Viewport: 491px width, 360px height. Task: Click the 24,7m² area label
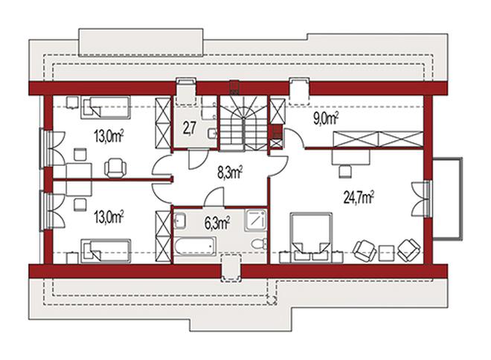359,198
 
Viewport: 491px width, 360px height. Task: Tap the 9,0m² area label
326,118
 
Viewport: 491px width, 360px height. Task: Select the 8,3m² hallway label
230,173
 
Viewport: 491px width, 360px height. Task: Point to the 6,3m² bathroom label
217,223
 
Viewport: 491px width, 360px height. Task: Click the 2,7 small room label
190,129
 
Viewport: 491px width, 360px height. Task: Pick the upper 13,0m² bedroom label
109,136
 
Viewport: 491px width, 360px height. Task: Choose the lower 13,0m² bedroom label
109,217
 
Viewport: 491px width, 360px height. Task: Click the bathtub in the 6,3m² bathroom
195,246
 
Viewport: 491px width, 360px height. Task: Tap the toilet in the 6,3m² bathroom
259,243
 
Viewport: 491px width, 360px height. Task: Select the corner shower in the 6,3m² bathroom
256,220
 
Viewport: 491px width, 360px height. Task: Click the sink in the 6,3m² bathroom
179,220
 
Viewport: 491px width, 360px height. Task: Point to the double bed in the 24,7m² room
311,237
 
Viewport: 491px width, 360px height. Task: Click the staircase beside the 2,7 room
243,123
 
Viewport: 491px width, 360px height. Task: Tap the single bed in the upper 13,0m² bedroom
106,107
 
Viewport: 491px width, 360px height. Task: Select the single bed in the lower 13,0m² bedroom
106,251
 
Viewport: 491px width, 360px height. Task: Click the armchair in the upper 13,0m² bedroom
115,168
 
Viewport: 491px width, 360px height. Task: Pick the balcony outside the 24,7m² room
447,199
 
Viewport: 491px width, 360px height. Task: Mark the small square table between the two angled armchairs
386,253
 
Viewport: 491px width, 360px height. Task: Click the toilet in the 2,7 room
213,134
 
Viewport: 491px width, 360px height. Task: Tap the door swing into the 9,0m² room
295,137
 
